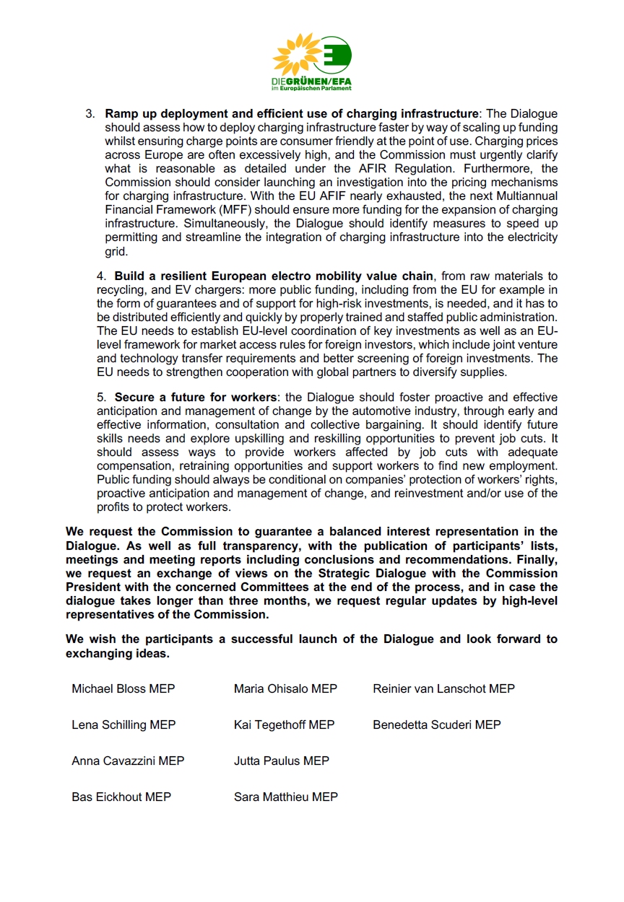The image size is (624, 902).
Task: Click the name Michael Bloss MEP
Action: point(123,688)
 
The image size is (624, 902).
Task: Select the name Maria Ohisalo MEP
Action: point(285,688)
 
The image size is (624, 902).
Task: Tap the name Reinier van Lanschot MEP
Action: point(443,688)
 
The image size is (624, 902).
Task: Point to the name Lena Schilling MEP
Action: point(123,724)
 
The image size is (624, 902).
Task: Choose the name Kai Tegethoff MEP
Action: point(284,724)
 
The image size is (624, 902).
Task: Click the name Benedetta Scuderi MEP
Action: point(436,724)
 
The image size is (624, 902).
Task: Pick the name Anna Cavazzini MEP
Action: point(128,761)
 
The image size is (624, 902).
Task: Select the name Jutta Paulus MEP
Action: point(281,761)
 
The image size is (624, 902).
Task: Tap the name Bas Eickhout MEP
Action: point(121,797)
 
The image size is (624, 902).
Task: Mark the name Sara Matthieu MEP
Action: point(285,797)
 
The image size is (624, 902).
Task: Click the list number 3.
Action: point(90,114)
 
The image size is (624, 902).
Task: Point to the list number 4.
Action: point(101,276)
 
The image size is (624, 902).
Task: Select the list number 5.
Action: point(101,398)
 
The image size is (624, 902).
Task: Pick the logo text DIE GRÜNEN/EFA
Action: point(311,82)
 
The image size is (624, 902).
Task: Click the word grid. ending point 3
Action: point(116,252)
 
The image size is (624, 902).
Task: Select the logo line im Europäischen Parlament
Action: point(311,89)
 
